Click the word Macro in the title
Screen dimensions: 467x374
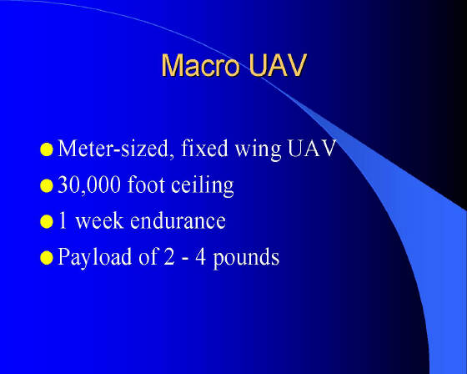[200, 65]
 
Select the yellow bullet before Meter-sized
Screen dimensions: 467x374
[47, 149]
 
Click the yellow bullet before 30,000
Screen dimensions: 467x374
[47, 186]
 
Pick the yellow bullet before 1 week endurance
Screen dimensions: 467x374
[47, 222]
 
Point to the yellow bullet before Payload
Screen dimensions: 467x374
[47, 258]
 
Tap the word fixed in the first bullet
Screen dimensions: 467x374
[204, 148]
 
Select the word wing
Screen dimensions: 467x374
[259, 150]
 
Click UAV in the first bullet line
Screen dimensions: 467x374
[312, 149]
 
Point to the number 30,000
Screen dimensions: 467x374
[89, 185]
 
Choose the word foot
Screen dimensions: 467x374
[146, 184]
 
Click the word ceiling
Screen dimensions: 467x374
[203, 186]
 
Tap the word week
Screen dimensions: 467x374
[99, 220]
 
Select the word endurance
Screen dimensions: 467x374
[178, 220]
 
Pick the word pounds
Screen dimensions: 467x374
[246, 258]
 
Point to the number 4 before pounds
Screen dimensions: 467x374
[201, 256]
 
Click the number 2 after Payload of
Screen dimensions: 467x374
[168, 256]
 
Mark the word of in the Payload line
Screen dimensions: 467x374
[148, 256]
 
